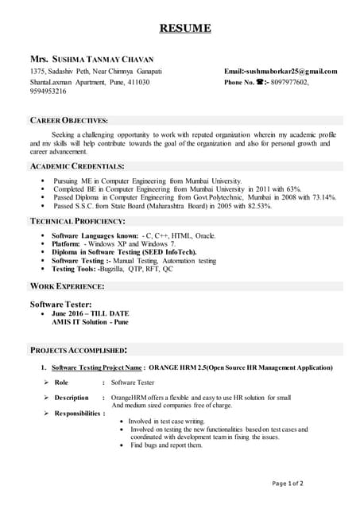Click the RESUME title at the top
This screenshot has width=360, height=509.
pyautogui.click(x=185, y=29)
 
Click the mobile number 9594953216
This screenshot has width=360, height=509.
pyautogui.click(x=49, y=92)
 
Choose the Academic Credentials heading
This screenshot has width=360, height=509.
pyautogui.click(x=76, y=166)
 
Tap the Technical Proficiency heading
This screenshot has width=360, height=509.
pyautogui.click(x=77, y=220)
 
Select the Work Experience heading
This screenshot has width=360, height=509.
pyautogui.click(x=67, y=286)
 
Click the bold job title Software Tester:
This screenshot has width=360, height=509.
pyautogui.click(x=60, y=305)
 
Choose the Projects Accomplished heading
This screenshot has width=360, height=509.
pyautogui.click(x=78, y=350)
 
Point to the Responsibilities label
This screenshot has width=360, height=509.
pyautogui.click(x=79, y=414)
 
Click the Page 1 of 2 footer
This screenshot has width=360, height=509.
pyautogui.click(x=288, y=483)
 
